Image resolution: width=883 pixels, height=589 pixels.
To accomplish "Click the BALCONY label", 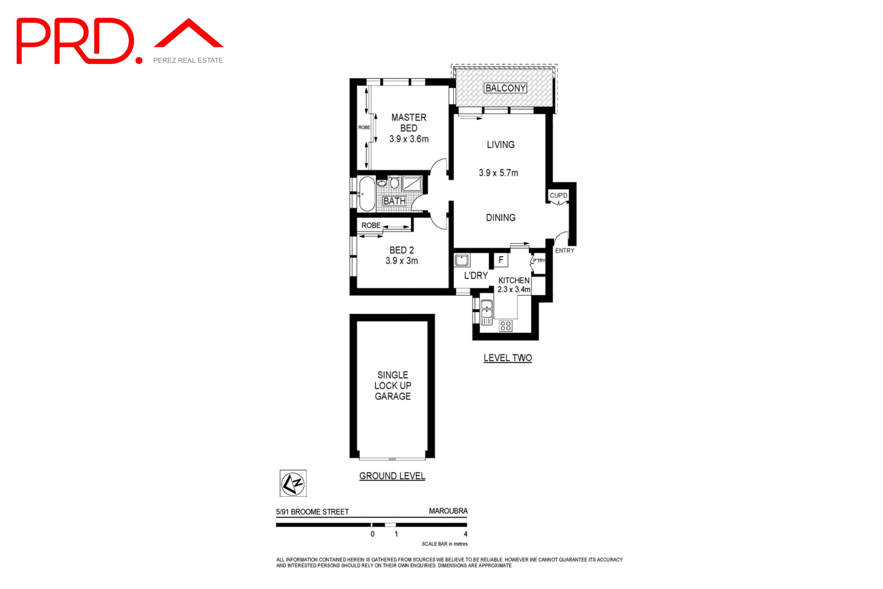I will [505, 88].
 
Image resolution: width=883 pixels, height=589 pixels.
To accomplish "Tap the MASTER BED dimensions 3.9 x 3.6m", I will [408, 139].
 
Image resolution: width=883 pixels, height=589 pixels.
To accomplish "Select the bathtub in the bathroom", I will [367, 193].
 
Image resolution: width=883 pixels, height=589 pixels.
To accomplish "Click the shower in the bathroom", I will [412, 183].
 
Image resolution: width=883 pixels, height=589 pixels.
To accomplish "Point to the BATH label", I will [394, 201].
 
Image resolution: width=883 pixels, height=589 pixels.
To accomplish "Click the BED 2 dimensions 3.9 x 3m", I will [401, 261].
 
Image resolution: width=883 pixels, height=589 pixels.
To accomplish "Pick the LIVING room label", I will [500, 144].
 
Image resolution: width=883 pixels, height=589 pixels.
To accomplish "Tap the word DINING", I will [500, 218].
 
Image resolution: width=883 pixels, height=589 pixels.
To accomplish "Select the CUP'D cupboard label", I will [558, 196].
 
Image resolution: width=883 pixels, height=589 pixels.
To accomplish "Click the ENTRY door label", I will [564, 251].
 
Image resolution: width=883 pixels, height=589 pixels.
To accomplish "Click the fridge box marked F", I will [501, 260].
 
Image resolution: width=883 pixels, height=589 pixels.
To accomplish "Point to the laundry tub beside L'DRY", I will [462, 260].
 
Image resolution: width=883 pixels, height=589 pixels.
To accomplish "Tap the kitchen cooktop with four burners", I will [506, 326].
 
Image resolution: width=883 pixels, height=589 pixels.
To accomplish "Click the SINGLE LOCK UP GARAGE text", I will [392, 386].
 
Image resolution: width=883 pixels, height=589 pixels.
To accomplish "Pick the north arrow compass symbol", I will [293, 483].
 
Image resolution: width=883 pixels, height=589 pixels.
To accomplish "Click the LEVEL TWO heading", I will [507, 358].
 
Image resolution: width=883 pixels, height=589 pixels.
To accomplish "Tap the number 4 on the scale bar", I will [465, 534].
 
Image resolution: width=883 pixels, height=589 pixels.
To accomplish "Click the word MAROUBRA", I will [448, 511].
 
